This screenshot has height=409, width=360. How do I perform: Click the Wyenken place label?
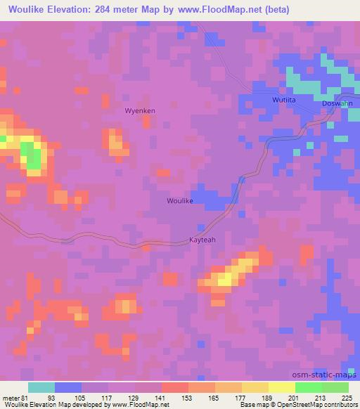pyautogui.click(x=139, y=111)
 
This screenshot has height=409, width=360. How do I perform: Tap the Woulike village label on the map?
pyautogui.click(x=179, y=201)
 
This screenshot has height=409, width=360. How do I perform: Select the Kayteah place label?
pyautogui.click(x=204, y=240)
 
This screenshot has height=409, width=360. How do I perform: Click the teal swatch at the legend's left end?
pyautogui.click(x=41, y=387)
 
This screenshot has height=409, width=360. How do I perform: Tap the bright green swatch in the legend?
pyautogui.click(x=308, y=387)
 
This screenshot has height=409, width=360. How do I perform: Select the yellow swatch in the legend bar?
pyautogui.click(x=281, y=387)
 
